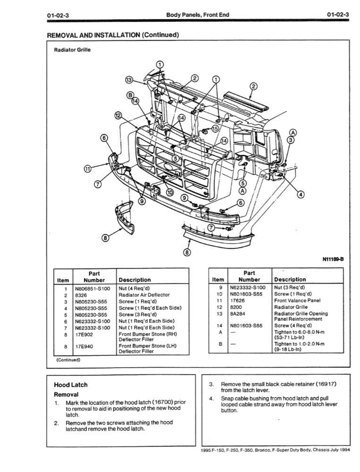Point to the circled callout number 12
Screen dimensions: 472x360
(118, 115)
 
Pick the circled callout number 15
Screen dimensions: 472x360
(215, 128)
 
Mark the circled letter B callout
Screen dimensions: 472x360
(130, 95)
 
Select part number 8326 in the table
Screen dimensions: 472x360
(78, 295)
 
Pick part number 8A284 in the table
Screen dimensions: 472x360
(236, 313)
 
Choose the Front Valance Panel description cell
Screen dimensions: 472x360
(297, 300)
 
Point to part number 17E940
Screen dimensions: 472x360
(84, 346)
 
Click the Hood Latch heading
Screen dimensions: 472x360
(70, 385)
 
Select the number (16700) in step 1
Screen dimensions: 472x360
(151, 402)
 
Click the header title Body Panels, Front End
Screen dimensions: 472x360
(197, 15)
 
